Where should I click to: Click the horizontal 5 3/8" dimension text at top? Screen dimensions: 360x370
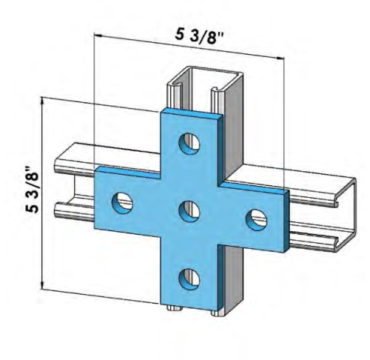(x=198, y=35)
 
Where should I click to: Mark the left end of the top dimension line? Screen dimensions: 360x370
(x=95, y=33)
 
